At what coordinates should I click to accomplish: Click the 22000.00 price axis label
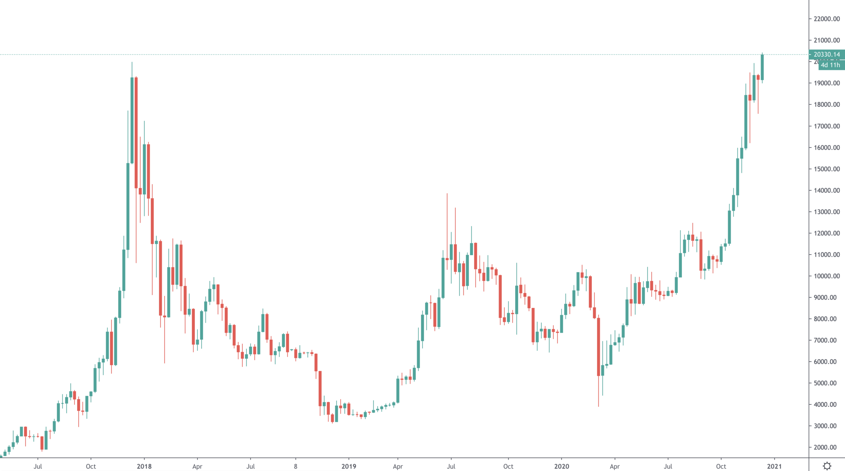(x=827, y=19)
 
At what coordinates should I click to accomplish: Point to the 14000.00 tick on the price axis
(x=827, y=191)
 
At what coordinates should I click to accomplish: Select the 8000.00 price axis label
(x=827, y=319)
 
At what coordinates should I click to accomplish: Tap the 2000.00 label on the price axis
(x=827, y=447)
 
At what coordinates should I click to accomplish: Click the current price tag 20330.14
(x=827, y=54)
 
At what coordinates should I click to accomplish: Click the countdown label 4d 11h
(x=830, y=65)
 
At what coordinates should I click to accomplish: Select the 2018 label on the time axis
(x=144, y=466)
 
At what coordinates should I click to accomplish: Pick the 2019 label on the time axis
(x=349, y=466)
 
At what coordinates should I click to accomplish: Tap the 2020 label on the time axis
(x=561, y=466)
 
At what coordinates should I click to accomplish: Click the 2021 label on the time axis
(x=774, y=466)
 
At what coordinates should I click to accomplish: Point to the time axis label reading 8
(x=296, y=466)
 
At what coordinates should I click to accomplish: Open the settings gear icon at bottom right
(x=827, y=466)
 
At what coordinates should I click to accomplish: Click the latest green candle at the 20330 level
(x=762, y=67)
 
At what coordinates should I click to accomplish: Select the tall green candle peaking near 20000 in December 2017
(x=132, y=120)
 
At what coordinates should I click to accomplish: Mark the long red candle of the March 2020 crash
(x=598, y=347)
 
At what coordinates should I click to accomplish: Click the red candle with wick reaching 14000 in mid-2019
(x=447, y=259)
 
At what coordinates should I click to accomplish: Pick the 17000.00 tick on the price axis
(x=827, y=126)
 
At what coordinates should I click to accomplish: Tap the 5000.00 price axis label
(x=827, y=383)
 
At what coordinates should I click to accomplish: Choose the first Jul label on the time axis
(x=38, y=466)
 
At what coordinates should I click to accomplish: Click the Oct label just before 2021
(x=721, y=466)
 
